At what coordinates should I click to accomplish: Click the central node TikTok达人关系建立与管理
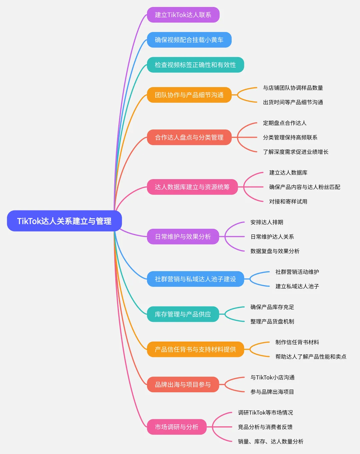point(64,221)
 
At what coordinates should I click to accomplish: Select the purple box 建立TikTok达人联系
point(183,15)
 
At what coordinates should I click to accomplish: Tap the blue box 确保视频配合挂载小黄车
point(189,40)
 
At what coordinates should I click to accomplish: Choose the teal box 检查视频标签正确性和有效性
point(195,65)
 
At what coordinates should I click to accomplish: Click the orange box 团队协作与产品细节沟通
point(189,95)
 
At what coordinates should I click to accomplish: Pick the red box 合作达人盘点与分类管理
point(189,137)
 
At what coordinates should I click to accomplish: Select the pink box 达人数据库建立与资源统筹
point(192,187)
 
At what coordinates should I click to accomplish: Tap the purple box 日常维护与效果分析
point(183,237)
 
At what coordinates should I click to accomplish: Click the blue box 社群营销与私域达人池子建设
point(195,279)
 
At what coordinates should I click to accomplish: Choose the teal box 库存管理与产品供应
point(183,314)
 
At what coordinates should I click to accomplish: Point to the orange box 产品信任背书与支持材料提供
point(195,350)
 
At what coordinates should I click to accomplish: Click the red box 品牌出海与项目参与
point(183,385)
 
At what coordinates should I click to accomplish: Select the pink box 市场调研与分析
point(177,427)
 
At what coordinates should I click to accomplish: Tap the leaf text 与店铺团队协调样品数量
point(293,88)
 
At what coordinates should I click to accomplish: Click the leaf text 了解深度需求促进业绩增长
point(296,152)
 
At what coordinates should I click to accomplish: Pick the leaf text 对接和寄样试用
point(288,202)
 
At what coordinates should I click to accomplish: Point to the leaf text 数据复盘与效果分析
point(275,251)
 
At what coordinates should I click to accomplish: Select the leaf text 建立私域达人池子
point(297,287)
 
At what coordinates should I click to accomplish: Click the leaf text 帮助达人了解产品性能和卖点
point(311,357)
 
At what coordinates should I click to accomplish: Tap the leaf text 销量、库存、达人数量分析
point(271,442)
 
